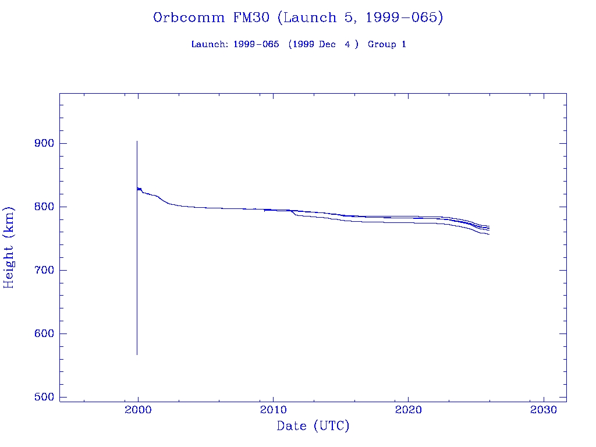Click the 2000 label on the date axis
point(138,409)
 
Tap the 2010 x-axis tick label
point(273,409)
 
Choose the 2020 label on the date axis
point(409,409)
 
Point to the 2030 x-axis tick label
point(544,409)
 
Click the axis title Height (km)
point(9,247)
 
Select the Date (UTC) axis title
point(313,427)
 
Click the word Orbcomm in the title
point(189,18)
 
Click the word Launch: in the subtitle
point(210,45)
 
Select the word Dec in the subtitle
point(327,45)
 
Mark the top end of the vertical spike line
point(137,141)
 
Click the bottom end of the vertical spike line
point(137,354)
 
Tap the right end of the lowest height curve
point(489,234)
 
